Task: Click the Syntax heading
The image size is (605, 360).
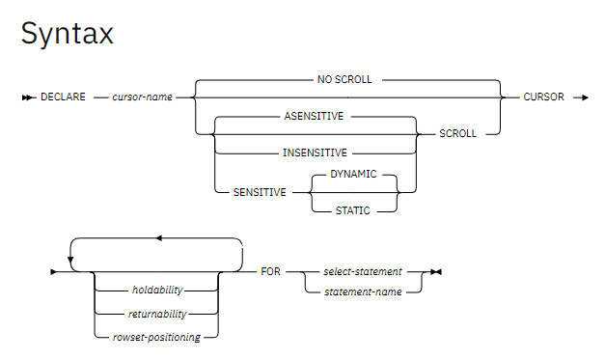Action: click(x=68, y=34)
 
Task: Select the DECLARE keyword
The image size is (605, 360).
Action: click(x=63, y=97)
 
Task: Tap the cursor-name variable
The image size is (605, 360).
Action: click(x=143, y=97)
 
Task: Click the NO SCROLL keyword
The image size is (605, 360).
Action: click(x=344, y=79)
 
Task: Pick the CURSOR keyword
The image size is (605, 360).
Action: click(x=543, y=97)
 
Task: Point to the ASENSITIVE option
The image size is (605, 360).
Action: click(x=314, y=116)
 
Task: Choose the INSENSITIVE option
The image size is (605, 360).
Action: click(x=315, y=152)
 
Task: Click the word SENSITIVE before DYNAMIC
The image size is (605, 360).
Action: click(x=260, y=192)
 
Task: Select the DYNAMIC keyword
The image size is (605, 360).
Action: click(x=353, y=174)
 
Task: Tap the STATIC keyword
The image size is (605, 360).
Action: click(x=352, y=210)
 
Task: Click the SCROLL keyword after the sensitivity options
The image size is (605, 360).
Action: click(x=458, y=133)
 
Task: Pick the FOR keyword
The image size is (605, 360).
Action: click(x=270, y=271)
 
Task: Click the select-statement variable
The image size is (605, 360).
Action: click(x=363, y=271)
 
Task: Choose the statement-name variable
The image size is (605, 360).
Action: click(x=363, y=291)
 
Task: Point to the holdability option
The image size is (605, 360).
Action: click(x=157, y=290)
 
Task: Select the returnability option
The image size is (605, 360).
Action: click(x=157, y=314)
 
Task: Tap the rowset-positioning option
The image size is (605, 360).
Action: click(x=156, y=337)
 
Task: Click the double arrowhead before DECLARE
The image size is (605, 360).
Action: click(x=28, y=97)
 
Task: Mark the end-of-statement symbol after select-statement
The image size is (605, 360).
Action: click(x=436, y=272)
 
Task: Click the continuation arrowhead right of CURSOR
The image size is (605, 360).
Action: click(x=585, y=97)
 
